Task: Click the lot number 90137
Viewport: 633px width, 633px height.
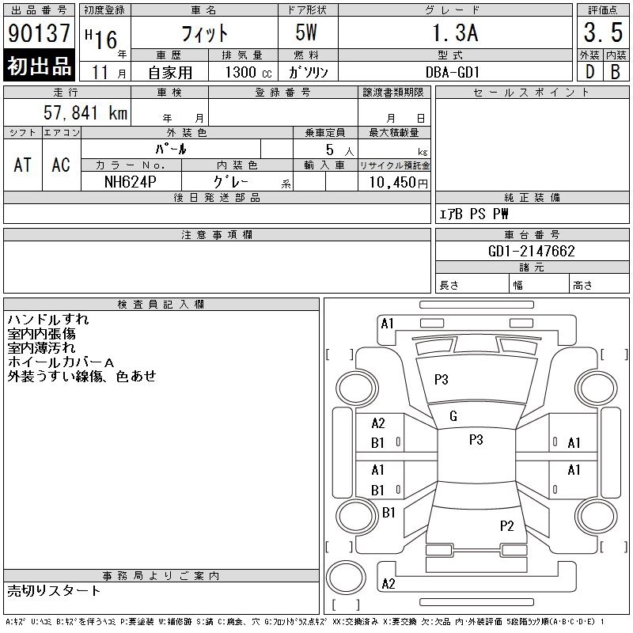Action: click(39, 33)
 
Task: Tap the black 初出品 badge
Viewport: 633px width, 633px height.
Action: click(39, 66)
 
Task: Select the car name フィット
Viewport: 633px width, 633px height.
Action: click(205, 33)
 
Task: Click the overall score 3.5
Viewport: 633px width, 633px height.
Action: click(603, 33)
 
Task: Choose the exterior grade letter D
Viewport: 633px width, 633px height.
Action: click(589, 71)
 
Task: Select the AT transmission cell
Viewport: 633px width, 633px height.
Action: click(23, 165)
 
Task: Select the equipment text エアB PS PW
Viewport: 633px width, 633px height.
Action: click(474, 214)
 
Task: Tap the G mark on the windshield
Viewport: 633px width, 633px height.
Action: click(453, 416)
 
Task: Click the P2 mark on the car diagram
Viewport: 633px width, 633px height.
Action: click(507, 525)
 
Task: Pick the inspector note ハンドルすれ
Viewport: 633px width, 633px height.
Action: click(48, 320)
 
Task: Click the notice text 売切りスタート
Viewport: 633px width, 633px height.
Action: click(55, 591)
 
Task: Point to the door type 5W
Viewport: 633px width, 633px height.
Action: click(308, 33)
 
